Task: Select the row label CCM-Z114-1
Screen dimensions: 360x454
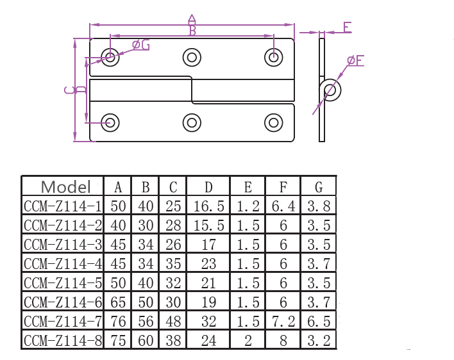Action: [63, 206]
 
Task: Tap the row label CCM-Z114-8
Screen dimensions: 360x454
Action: [63, 340]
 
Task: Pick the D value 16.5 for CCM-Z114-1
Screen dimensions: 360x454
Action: [209, 206]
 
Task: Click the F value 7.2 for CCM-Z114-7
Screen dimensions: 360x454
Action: [283, 321]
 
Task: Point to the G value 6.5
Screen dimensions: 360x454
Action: [319, 321]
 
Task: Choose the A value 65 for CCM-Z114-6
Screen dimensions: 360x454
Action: [118, 302]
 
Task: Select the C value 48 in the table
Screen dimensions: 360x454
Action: [173, 321]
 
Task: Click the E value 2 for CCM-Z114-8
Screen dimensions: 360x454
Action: [248, 340]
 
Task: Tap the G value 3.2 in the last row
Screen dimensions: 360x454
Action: [319, 340]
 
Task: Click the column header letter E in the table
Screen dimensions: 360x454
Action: [248, 187]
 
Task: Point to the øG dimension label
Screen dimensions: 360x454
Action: [140, 45]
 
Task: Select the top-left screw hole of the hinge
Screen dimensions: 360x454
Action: [110, 56]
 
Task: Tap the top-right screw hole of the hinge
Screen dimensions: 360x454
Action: [274, 56]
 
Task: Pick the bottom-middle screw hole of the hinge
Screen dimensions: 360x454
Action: [192, 122]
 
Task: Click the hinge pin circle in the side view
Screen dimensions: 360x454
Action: [330, 90]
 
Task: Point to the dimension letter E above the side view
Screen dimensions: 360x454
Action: [347, 28]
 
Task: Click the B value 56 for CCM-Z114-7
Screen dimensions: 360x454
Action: [146, 321]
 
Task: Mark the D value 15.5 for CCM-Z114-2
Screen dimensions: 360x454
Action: [209, 225]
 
